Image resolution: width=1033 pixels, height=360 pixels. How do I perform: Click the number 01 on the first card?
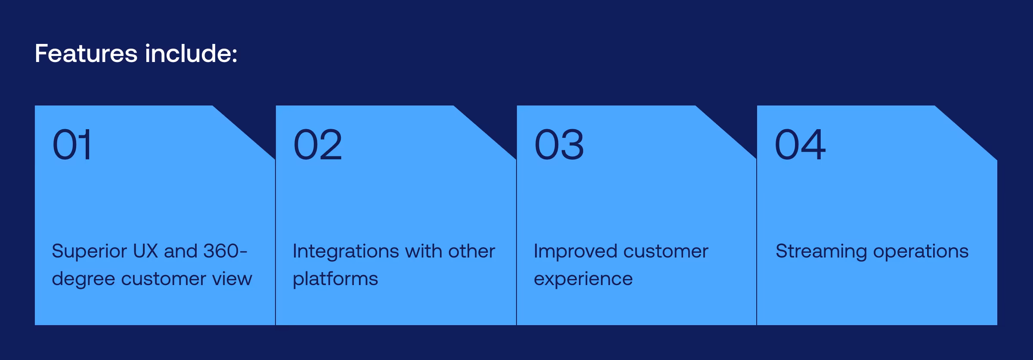coord(72,145)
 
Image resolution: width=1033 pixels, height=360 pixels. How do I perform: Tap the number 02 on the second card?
coord(318,145)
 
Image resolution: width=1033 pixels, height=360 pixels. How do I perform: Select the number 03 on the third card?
coord(559,145)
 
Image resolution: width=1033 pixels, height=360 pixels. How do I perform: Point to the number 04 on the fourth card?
coord(800,145)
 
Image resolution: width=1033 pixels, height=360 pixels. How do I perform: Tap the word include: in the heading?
coord(191,54)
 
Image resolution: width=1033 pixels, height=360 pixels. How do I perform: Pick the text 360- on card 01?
coord(225,251)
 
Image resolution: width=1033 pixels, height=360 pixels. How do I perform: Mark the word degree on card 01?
coord(83,279)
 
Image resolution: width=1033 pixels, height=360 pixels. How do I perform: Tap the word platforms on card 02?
coord(335,279)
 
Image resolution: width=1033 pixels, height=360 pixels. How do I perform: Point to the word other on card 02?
coord(471,251)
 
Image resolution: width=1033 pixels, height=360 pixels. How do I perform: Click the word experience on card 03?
coord(583,279)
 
